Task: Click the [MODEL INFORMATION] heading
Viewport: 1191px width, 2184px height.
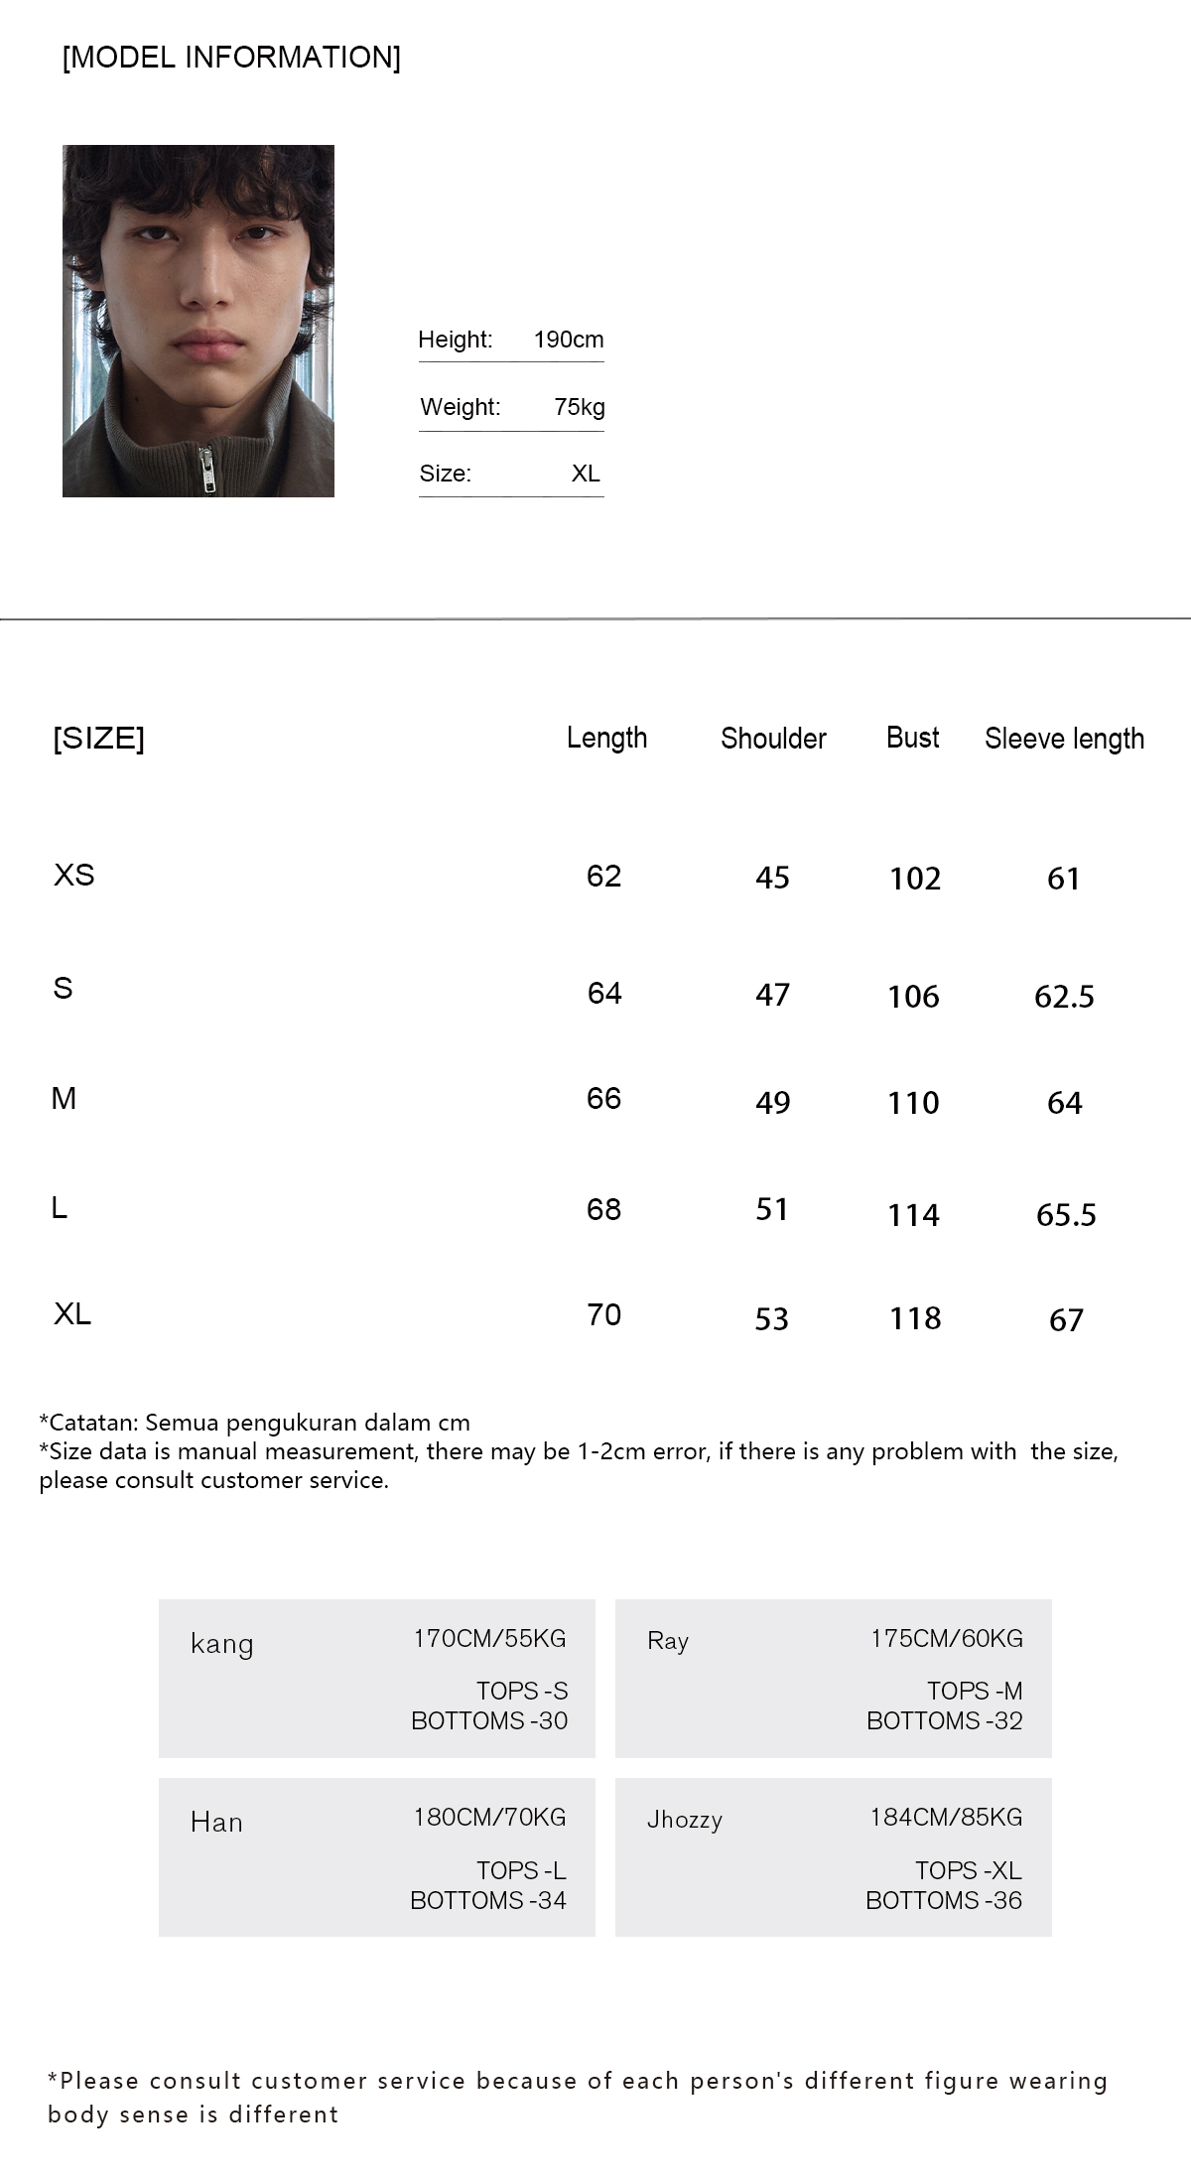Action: pos(231,58)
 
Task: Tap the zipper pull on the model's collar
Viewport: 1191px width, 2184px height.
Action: pos(208,470)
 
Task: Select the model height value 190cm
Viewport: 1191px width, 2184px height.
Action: pos(568,340)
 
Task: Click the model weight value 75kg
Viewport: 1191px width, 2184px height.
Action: pos(579,407)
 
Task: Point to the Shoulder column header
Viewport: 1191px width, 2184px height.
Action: pos(773,739)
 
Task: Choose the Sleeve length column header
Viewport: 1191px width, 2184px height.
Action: pos(1064,739)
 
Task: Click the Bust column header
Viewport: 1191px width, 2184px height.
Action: pos(912,738)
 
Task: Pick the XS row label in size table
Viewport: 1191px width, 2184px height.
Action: pos(74,875)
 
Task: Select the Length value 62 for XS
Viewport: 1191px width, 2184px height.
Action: pos(603,876)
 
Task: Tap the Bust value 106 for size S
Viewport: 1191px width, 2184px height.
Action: pos(913,997)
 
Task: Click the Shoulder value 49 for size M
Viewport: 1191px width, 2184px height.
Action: pos(772,1103)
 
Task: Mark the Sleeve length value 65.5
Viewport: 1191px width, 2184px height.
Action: pos(1066,1215)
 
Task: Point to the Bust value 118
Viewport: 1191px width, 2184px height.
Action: pos(914,1318)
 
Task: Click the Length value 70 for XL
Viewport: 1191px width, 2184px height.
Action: pos(603,1314)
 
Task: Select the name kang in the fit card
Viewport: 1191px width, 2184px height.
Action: pos(221,1644)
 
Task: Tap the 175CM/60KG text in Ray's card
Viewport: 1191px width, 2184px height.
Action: pos(946,1639)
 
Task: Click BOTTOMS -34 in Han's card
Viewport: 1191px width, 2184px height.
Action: pos(487,1900)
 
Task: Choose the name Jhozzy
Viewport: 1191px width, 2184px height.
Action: pos(684,1820)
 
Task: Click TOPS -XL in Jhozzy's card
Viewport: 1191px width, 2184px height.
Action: pos(968,1870)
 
